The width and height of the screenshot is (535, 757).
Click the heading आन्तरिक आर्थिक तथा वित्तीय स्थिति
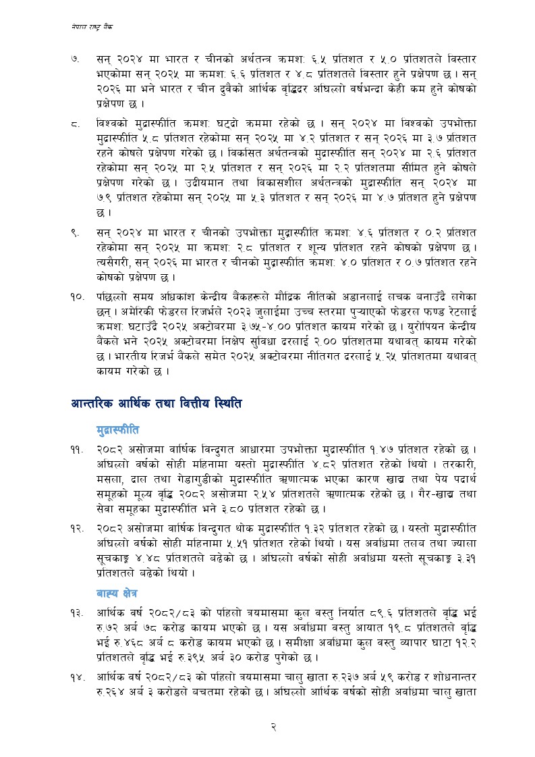pyautogui.click(x=156, y=404)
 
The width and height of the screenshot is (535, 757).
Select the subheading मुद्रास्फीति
pyautogui.click(x=118, y=429)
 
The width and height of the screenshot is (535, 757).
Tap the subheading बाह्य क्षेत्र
pyautogui.click(x=117, y=592)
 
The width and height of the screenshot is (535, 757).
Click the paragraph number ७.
pyautogui.click(x=76, y=59)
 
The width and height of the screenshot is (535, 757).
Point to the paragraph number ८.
pyautogui.click(x=76, y=124)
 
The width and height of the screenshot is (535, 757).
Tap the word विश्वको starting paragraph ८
pyautogui.click(x=113, y=124)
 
